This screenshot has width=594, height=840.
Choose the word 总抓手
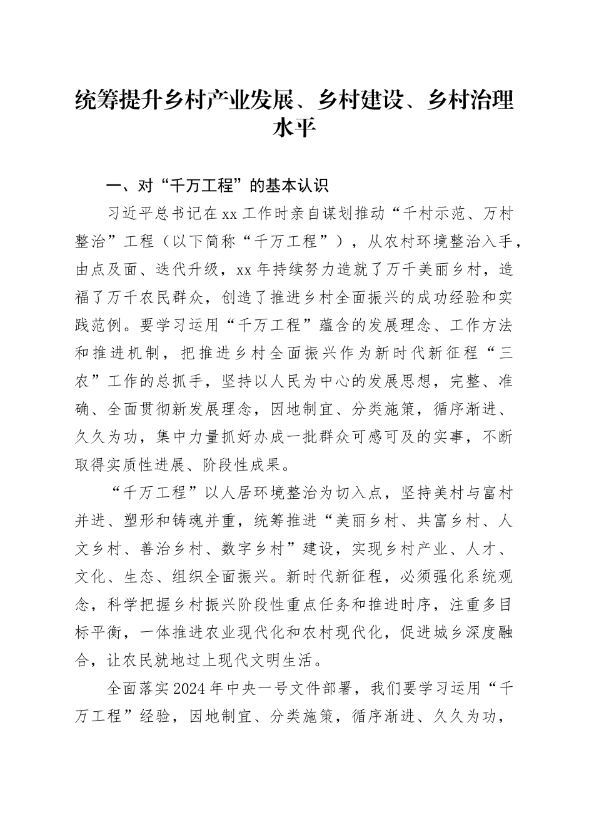tap(197, 382)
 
